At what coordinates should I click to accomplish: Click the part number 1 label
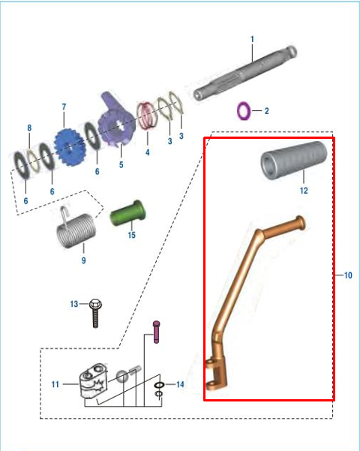(x=253, y=39)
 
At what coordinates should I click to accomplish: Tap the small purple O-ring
(x=244, y=111)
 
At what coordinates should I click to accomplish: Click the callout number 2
(x=266, y=111)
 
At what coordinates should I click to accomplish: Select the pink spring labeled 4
(x=147, y=116)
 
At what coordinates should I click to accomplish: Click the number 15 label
(x=131, y=235)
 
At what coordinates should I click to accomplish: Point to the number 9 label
(x=83, y=260)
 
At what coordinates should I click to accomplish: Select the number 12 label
(x=304, y=191)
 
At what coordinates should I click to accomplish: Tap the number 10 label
(x=348, y=276)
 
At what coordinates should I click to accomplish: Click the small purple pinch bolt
(x=156, y=331)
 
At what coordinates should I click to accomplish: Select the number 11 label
(x=55, y=384)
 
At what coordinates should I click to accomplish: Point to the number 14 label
(x=179, y=384)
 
